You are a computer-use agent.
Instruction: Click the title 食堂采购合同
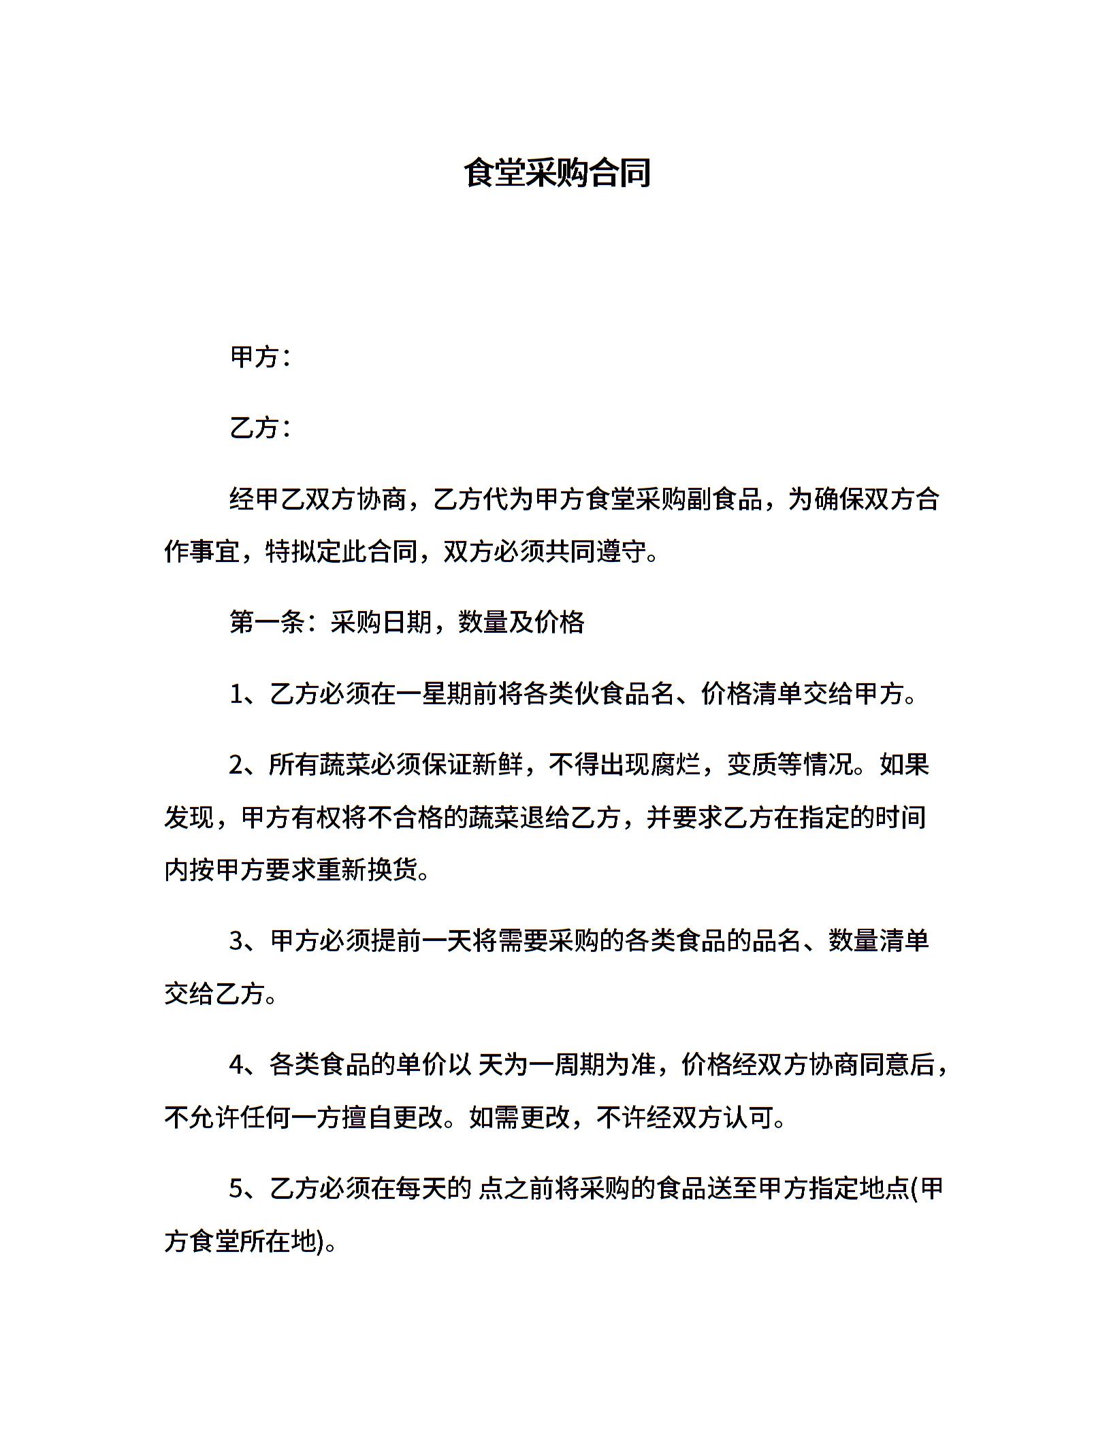(x=557, y=173)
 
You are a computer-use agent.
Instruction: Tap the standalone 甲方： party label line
(x=261, y=357)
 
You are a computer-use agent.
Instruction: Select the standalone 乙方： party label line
(x=261, y=428)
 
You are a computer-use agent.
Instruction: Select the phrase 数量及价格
(x=521, y=623)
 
